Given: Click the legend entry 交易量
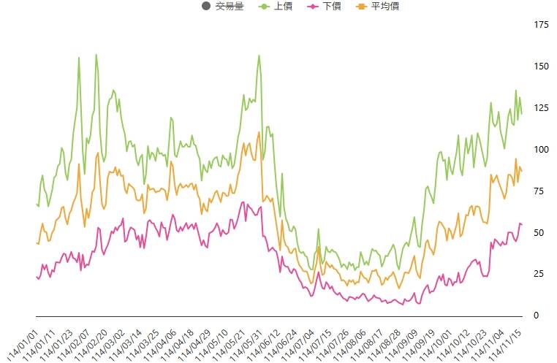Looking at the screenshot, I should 229,7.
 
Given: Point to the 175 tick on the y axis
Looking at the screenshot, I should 541,26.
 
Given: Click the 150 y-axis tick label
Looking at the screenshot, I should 541,67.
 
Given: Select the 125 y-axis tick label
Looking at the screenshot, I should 541,109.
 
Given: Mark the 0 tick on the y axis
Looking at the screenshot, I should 536,316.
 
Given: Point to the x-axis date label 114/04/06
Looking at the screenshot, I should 164,338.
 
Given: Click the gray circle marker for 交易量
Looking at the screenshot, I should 205,7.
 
